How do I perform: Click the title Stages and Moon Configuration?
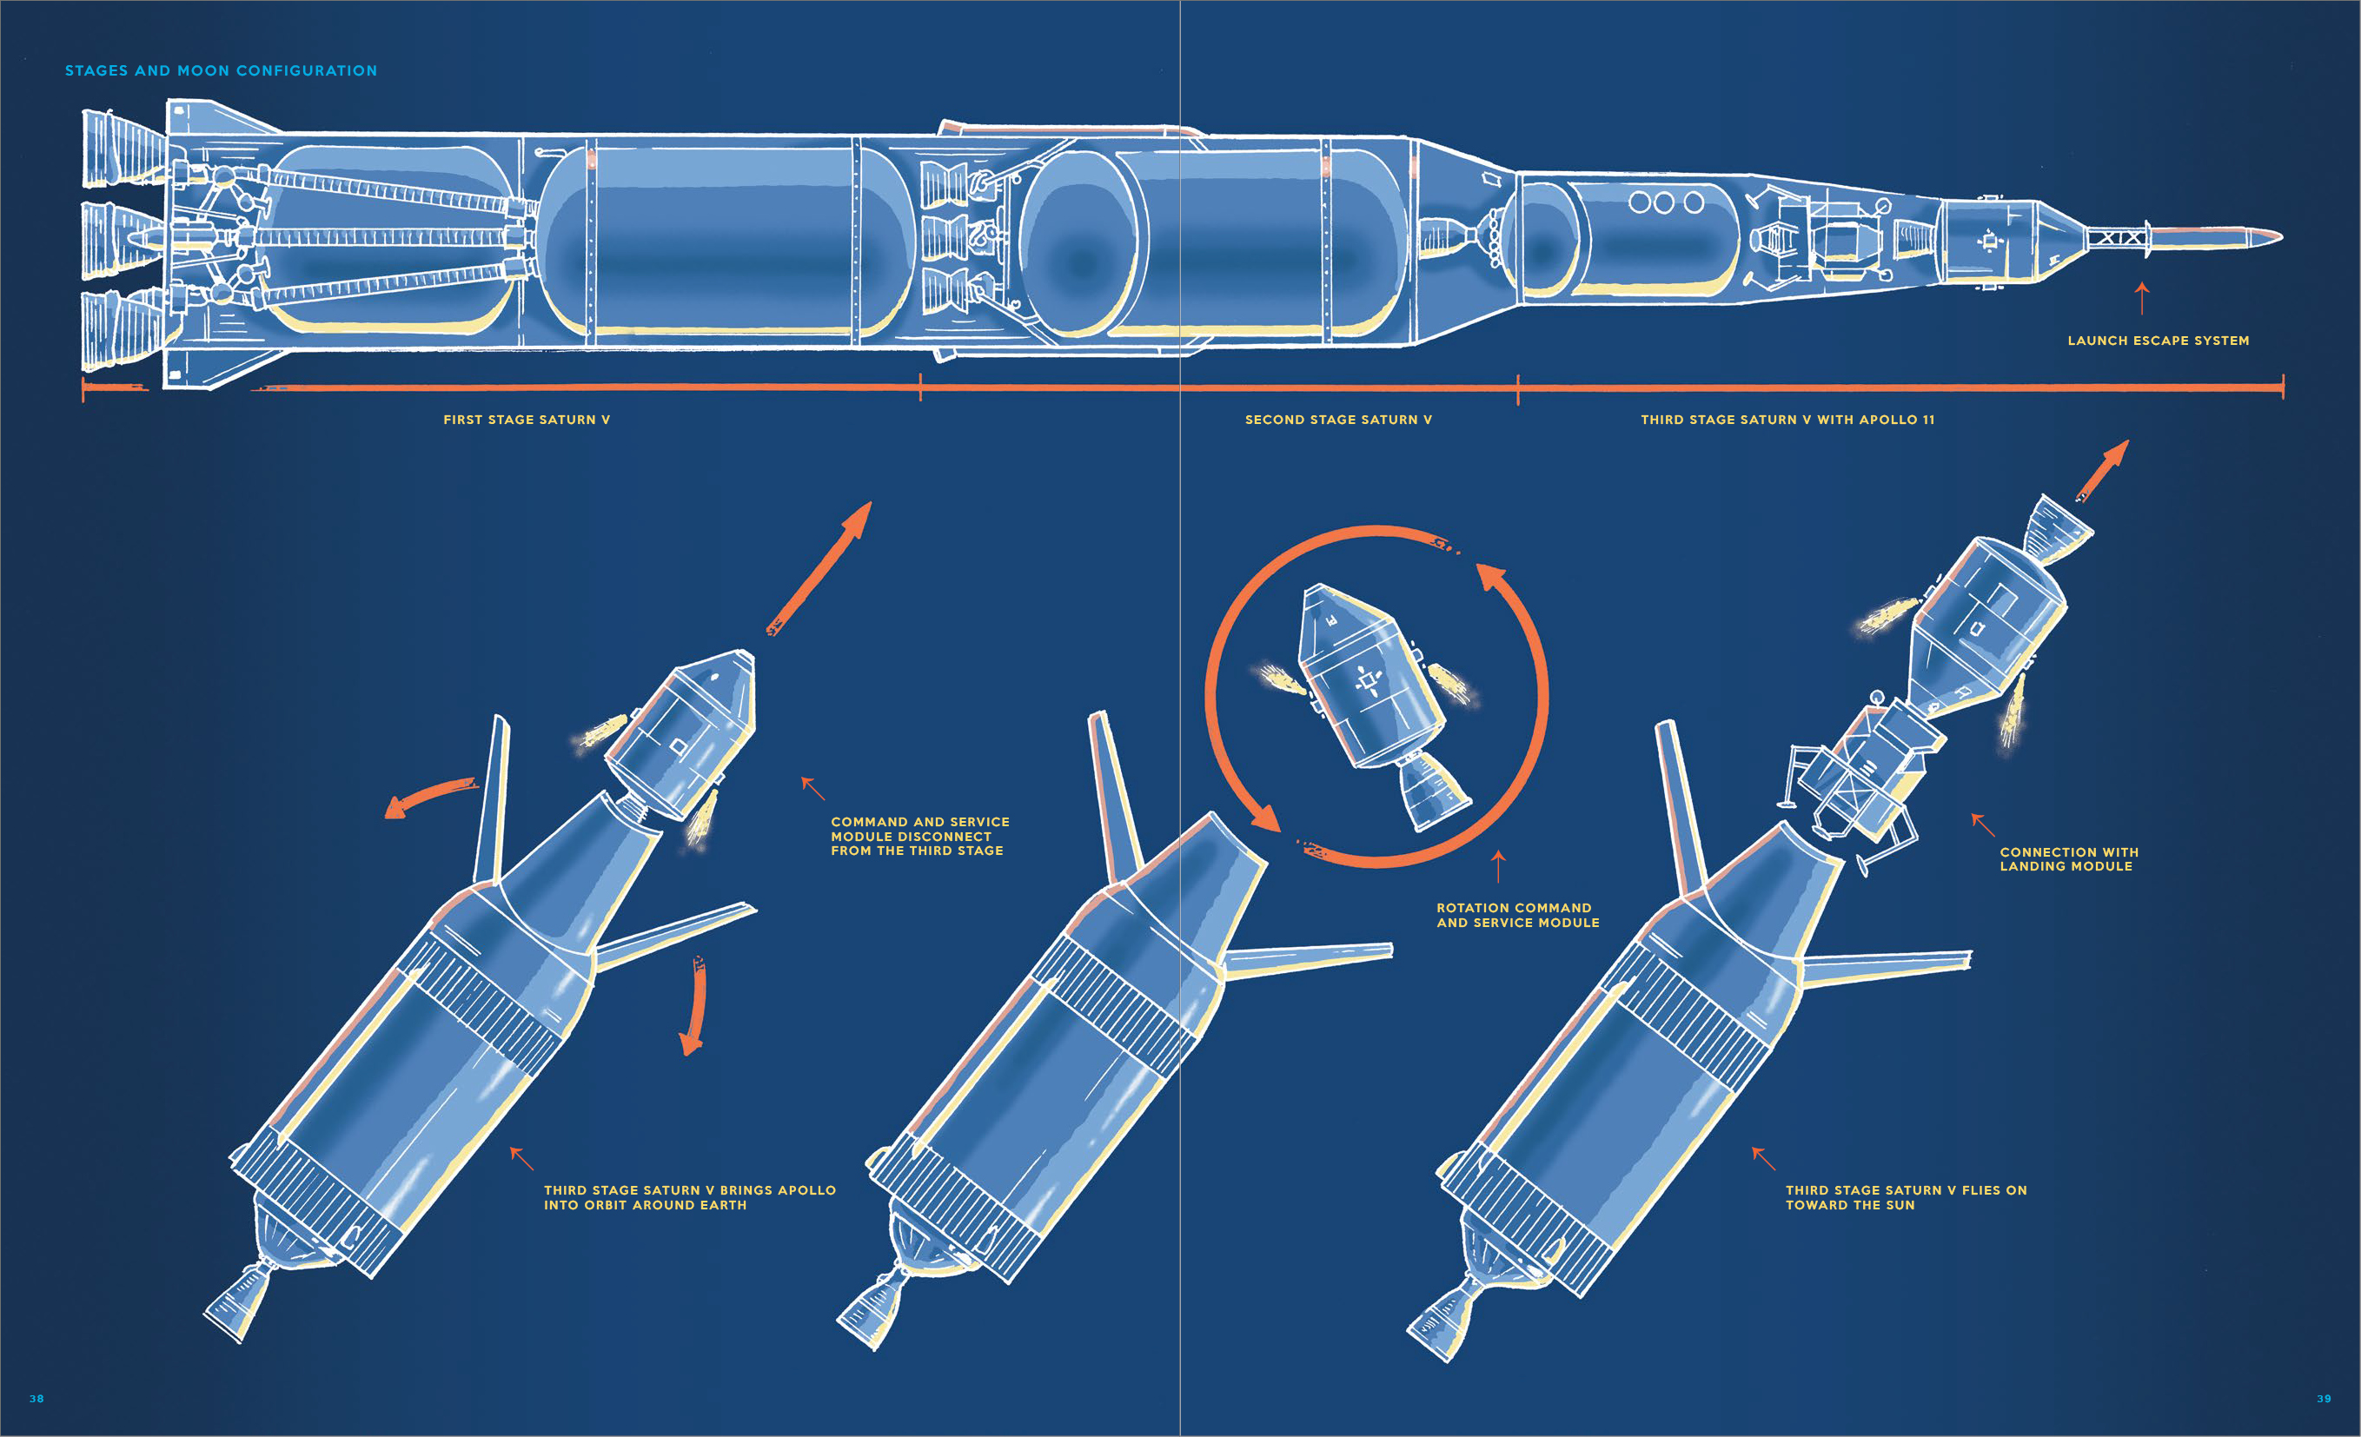coord(221,71)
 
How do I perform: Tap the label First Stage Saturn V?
coord(526,420)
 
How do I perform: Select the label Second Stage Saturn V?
coord(1337,420)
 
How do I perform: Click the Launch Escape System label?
coord(2158,340)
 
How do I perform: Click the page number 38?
coord(36,1399)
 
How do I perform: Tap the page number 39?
coord(2324,1399)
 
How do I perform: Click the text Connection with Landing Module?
coord(2068,858)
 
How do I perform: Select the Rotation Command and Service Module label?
coord(1517,915)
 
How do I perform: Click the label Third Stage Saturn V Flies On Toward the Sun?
coord(1905,1197)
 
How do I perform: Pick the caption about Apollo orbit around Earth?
coord(689,1197)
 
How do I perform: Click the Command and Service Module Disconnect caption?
coord(919,837)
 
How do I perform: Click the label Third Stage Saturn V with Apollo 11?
coord(1787,420)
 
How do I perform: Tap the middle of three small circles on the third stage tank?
coord(1664,203)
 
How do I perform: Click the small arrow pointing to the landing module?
coord(1981,824)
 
